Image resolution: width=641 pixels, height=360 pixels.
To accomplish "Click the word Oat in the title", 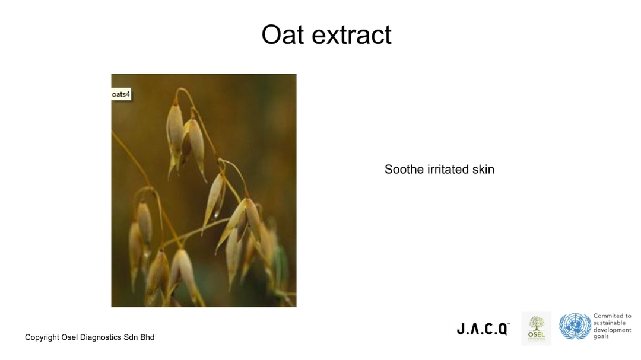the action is (283, 34).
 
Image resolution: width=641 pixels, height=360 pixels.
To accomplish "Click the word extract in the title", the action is (351, 35).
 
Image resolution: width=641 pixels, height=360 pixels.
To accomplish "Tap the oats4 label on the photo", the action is (121, 94).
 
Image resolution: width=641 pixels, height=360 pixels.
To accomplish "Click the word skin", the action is (483, 169).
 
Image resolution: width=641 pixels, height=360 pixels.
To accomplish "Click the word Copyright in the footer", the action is (42, 337).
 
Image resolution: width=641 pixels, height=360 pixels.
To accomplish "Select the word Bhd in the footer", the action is (147, 337).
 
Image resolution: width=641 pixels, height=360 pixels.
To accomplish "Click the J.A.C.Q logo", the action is (483, 329).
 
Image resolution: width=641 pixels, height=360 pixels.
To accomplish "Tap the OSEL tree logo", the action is (537, 329).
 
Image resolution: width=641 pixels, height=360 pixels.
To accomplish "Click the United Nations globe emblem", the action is (575, 327).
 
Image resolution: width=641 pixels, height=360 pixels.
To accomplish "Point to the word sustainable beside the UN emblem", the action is (610, 323).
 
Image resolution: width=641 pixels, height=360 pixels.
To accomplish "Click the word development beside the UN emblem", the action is (613, 330).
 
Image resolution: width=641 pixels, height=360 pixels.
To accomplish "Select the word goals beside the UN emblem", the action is (601, 337).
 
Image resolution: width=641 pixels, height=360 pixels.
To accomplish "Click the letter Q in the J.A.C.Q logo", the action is (503, 329).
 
